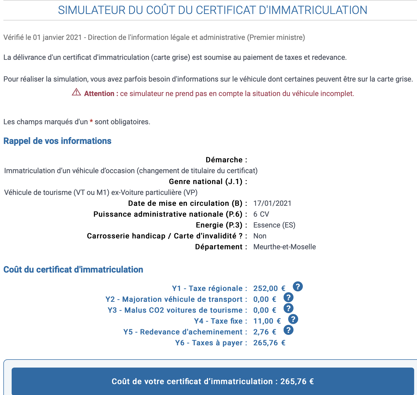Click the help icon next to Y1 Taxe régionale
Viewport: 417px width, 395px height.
[x=298, y=287]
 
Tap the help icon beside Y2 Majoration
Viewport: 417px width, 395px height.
[x=288, y=297]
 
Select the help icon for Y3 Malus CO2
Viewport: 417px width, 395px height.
[x=288, y=308]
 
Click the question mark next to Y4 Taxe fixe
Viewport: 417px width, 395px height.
[x=293, y=319]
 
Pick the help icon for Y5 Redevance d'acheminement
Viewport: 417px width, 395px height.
[x=288, y=330]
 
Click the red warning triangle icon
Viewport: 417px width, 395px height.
[x=76, y=92]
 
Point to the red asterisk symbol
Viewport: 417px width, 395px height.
[x=91, y=121]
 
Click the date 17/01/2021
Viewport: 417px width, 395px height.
[x=272, y=203]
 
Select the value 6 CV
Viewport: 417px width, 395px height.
[x=261, y=214]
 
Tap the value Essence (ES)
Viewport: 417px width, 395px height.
[x=274, y=225]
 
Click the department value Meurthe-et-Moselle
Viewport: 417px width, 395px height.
[x=284, y=247]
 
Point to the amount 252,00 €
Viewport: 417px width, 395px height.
[x=269, y=288]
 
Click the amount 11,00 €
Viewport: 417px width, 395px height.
[x=267, y=321]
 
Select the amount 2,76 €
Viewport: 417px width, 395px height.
[x=264, y=332]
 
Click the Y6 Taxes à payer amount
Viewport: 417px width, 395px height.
[x=269, y=343]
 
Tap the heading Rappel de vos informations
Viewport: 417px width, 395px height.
[x=57, y=141]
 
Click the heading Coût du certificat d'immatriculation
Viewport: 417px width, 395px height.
[x=73, y=269]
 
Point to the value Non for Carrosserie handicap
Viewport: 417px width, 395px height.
[x=260, y=236]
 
